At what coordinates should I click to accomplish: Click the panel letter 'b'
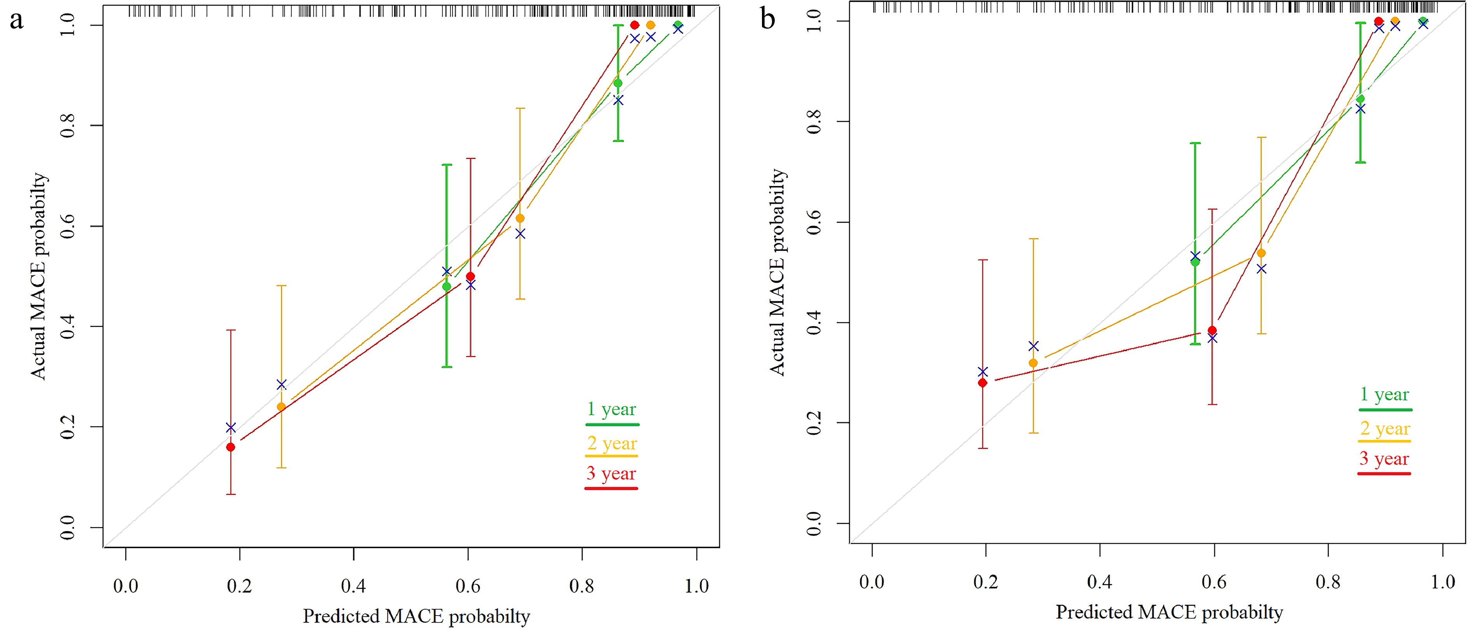point(768,19)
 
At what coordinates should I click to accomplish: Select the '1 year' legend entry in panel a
point(612,409)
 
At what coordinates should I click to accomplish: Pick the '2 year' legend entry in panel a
point(612,443)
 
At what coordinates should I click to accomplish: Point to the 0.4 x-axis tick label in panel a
point(353,586)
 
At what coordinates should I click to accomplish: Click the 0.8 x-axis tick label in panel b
point(1328,582)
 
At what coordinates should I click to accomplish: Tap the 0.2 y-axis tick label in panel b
point(814,423)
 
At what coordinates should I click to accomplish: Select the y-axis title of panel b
point(777,272)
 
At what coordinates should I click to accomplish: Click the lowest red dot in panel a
point(231,447)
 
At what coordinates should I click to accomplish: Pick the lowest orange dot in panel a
point(281,407)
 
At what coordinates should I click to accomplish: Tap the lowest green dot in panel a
point(447,286)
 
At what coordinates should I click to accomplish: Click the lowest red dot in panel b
point(983,383)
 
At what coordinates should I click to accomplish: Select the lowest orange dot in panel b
point(1033,363)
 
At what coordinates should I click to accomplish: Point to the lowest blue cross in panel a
point(231,428)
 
